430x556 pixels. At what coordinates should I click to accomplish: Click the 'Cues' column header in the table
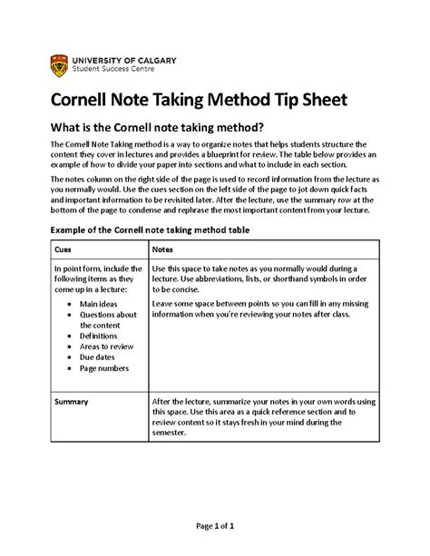[x=64, y=249]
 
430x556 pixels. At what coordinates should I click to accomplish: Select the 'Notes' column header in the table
[x=163, y=249]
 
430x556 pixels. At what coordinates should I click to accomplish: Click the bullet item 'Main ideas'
[x=102, y=304]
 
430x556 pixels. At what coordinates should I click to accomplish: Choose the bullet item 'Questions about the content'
[x=107, y=320]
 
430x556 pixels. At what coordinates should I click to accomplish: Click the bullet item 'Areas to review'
[x=111, y=347]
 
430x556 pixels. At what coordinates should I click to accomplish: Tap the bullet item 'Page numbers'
[x=107, y=369]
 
